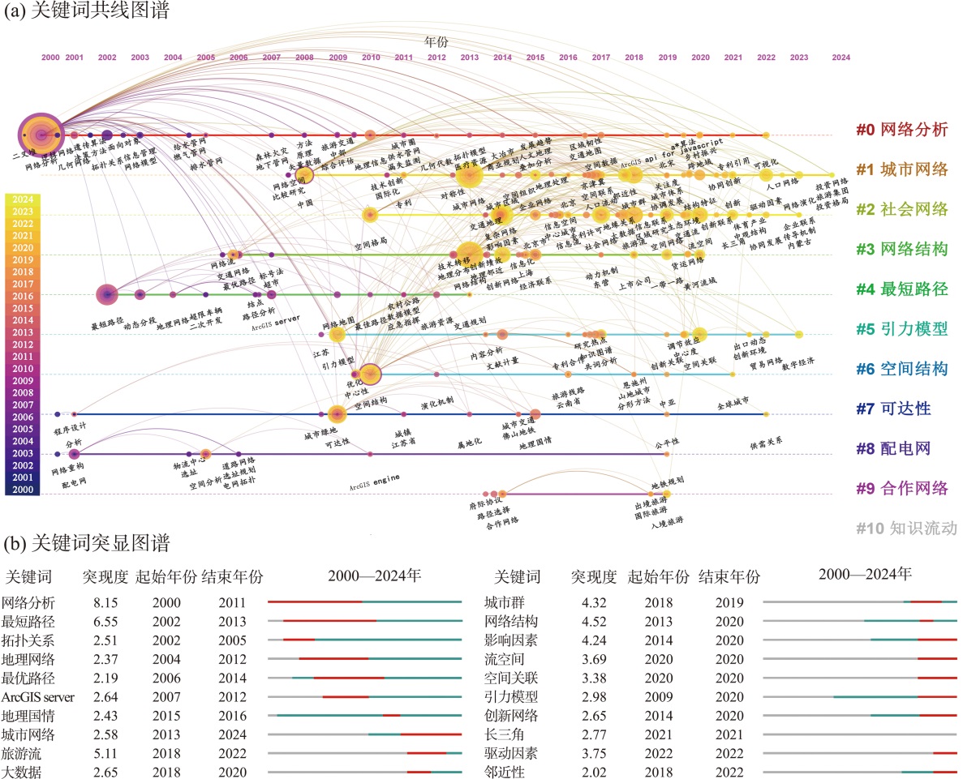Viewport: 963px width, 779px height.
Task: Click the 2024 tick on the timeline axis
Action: pyautogui.click(x=840, y=58)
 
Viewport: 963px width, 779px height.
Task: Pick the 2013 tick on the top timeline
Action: pyautogui.click(x=469, y=58)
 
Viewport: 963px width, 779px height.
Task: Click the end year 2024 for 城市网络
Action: pyautogui.click(x=231, y=734)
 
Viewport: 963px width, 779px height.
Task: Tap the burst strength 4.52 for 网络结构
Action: pyautogui.click(x=595, y=622)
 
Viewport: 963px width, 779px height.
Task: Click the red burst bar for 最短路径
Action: pyautogui.click(x=329, y=621)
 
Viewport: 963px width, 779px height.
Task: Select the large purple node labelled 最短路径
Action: pyautogui.click(x=106, y=295)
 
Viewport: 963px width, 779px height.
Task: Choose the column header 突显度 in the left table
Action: pyautogui.click(x=105, y=578)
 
